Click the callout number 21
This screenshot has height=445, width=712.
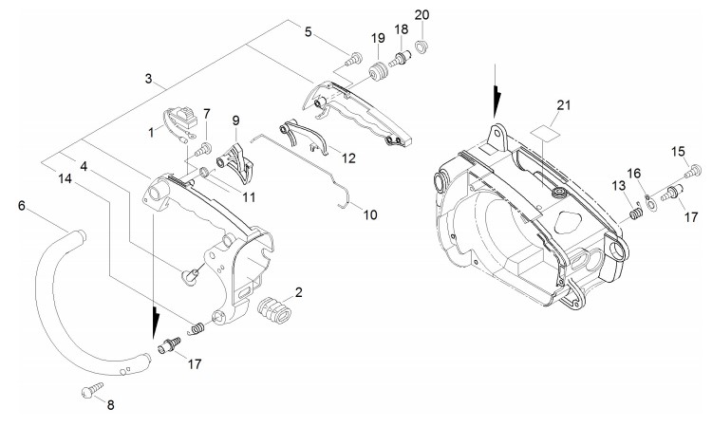[x=564, y=105]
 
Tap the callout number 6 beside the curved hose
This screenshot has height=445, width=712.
[x=21, y=206]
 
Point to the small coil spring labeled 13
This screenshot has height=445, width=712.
[x=636, y=213]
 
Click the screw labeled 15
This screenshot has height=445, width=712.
[x=692, y=172]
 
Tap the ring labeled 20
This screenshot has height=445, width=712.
[x=422, y=46]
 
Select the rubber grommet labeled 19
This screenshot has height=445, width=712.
[x=378, y=72]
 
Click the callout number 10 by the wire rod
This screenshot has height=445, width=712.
[x=370, y=214]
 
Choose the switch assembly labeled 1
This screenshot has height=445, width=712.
[x=179, y=121]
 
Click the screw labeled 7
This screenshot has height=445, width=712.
[x=202, y=150]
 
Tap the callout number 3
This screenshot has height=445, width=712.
[x=148, y=79]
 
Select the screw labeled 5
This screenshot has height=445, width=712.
[x=353, y=59]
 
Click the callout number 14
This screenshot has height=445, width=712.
[x=65, y=178]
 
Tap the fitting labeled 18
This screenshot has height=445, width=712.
[x=399, y=60]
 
